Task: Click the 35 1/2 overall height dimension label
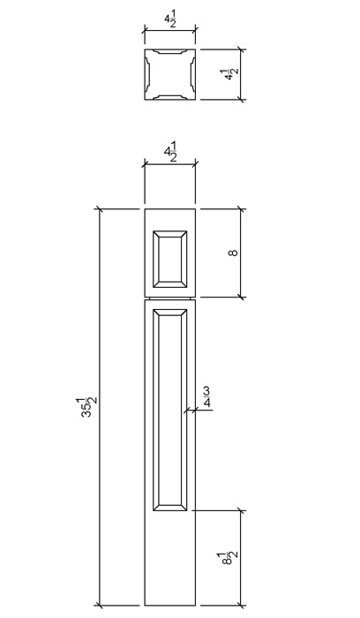click(x=87, y=407)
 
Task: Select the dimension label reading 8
click(x=233, y=252)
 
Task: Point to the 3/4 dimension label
click(x=206, y=397)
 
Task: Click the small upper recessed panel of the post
click(x=169, y=260)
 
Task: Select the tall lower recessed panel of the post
click(x=169, y=410)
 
